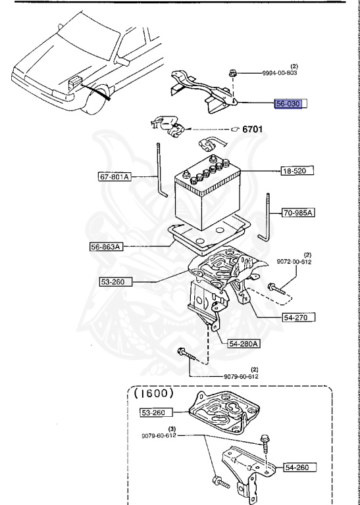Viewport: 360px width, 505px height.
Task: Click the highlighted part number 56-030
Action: click(x=292, y=104)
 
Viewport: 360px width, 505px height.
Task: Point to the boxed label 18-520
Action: click(x=294, y=170)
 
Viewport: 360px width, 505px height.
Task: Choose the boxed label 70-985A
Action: click(x=299, y=213)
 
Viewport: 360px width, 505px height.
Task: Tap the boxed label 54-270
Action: click(x=296, y=316)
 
